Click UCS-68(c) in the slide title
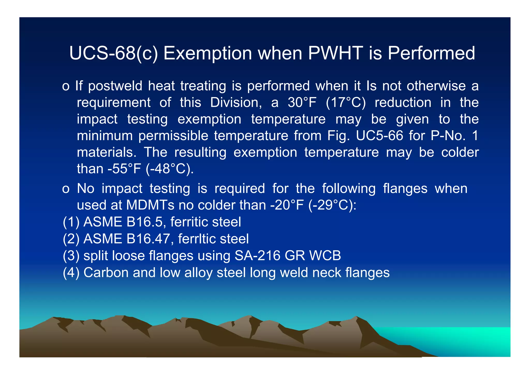(113, 53)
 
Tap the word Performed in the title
(431, 53)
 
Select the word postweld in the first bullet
(115, 86)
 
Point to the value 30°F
(302, 103)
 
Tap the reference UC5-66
(379, 136)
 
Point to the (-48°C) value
(170, 169)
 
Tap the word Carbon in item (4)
(106, 273)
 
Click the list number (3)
(71, 256)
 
